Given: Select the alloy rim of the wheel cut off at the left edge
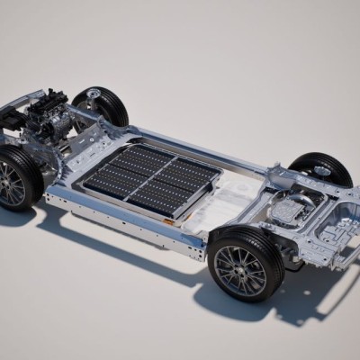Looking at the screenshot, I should coord(13,183).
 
